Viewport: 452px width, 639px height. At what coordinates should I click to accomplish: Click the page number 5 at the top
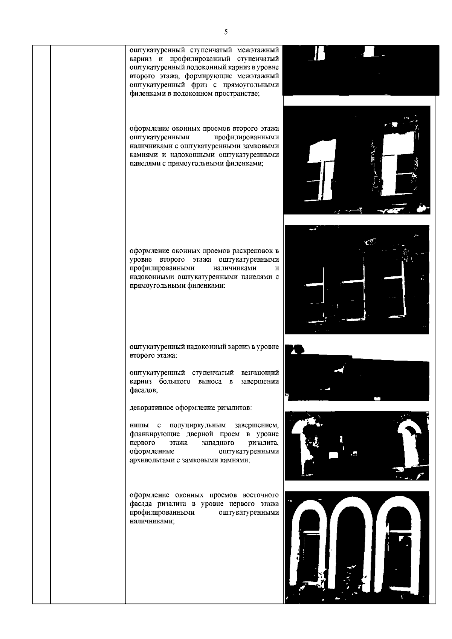[226, 32]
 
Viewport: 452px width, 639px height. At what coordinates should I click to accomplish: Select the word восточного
[261, 495]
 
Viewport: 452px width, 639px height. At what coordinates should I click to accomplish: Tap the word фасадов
[144, 390]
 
